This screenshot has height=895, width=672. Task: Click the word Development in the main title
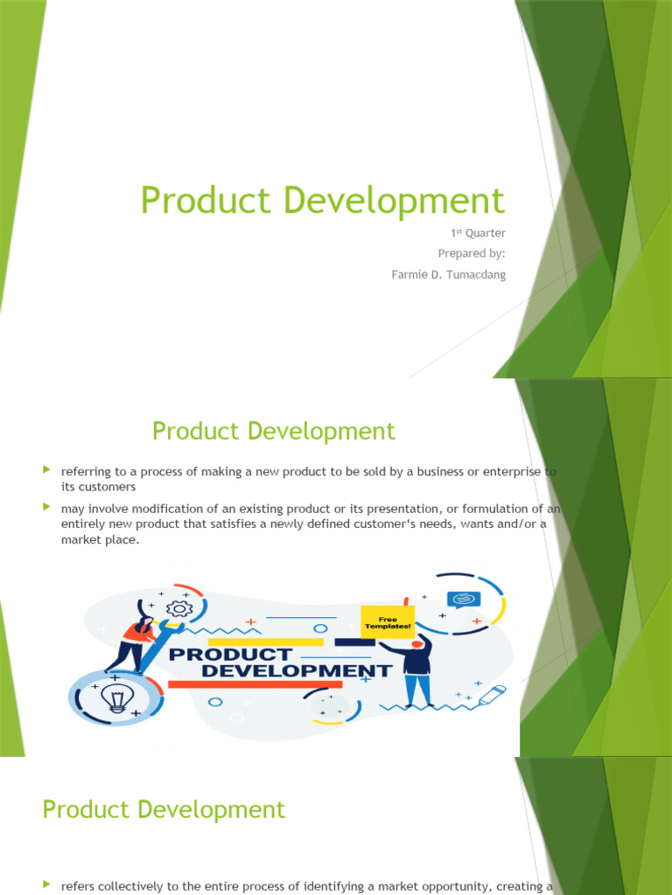coord(386,201)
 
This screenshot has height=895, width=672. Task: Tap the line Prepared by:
coord(472,253)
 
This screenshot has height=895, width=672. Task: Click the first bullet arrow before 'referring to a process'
coord(47,470)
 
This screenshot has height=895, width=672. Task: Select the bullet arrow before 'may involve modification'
coord(47,506)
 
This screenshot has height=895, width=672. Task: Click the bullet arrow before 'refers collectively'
coord(47,885)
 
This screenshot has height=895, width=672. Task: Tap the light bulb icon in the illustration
coord(113,697)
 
